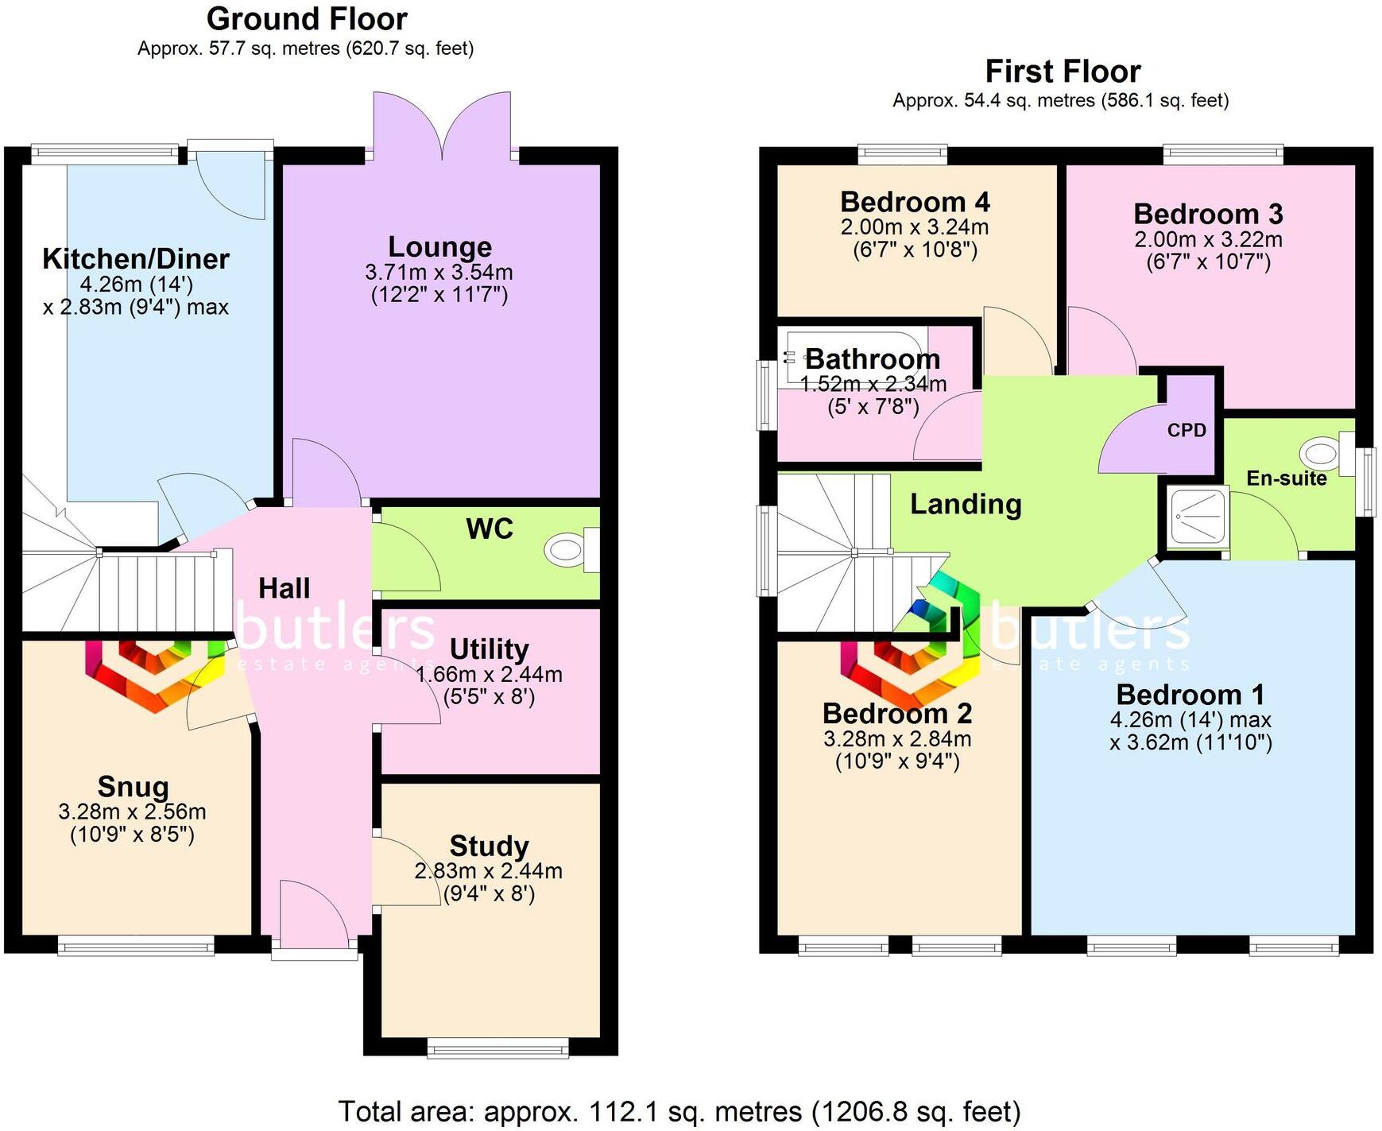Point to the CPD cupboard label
[1187, 430]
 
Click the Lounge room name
[439, 246]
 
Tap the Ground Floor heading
[306, 18]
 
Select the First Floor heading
[1062, 72]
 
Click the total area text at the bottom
[679, 1111]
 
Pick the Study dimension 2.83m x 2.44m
[488, 871]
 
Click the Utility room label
[489, 649]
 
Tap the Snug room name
[133, 786]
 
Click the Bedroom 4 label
[915, 202]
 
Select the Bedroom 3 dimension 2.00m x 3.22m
[1208, 239]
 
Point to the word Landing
[965, 503]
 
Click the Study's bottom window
[497, 1050]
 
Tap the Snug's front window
[136, 945]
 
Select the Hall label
[284, 588]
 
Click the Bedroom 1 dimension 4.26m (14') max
[1190, 720]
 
